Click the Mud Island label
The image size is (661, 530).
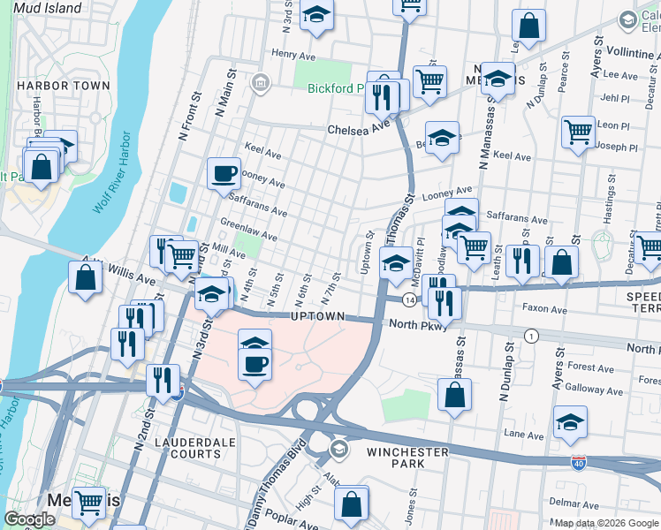click(47, 8)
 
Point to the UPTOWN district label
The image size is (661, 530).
click(317, 316)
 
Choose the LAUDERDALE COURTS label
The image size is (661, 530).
click(186, 447)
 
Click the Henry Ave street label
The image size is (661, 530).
click(288, 54)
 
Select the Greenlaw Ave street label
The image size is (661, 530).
click(248, 230)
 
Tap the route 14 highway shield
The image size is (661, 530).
click(410, 300)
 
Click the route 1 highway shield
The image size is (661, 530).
click(531, 336)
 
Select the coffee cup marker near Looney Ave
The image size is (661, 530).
click(224, 173)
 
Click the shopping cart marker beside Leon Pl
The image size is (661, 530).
click(578, 132)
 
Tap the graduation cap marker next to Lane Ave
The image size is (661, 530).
click(571, 422)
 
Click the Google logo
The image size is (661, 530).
click(30, 519)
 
